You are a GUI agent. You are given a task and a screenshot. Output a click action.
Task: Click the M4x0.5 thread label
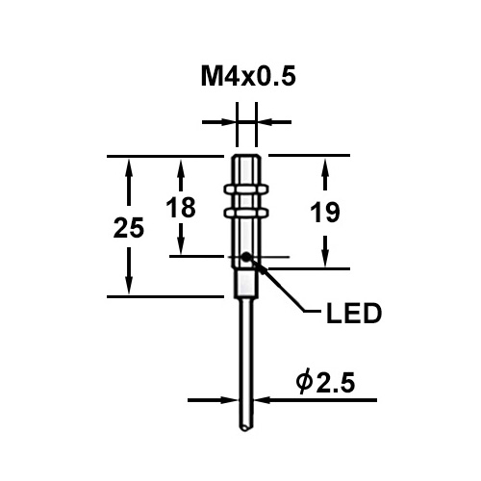[244, 76]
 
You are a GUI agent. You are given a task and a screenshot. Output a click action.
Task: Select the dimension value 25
[128, 228]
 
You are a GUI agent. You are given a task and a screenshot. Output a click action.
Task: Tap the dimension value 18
[181, 207]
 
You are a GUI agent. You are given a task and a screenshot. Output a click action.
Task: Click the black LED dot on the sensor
[247, 257]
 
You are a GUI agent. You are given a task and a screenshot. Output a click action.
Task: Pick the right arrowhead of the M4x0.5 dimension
[264, 122]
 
